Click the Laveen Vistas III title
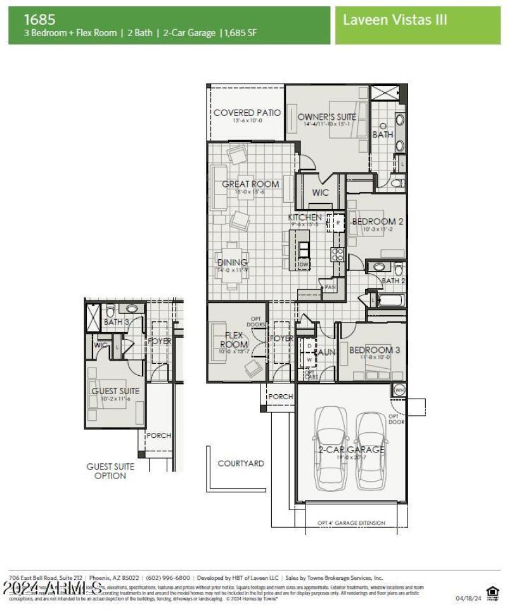395,20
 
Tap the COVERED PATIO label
247,113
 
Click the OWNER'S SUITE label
326,117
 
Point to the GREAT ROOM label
250,184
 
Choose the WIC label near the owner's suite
321,193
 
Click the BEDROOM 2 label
378,221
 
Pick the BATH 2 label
394,280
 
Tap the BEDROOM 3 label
375,350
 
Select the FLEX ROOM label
234,340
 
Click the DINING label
233,262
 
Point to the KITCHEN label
305,217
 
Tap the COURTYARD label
241,463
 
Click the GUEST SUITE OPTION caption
110,471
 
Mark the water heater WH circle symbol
399,389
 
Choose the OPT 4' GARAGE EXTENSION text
351,523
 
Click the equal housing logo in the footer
492,593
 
